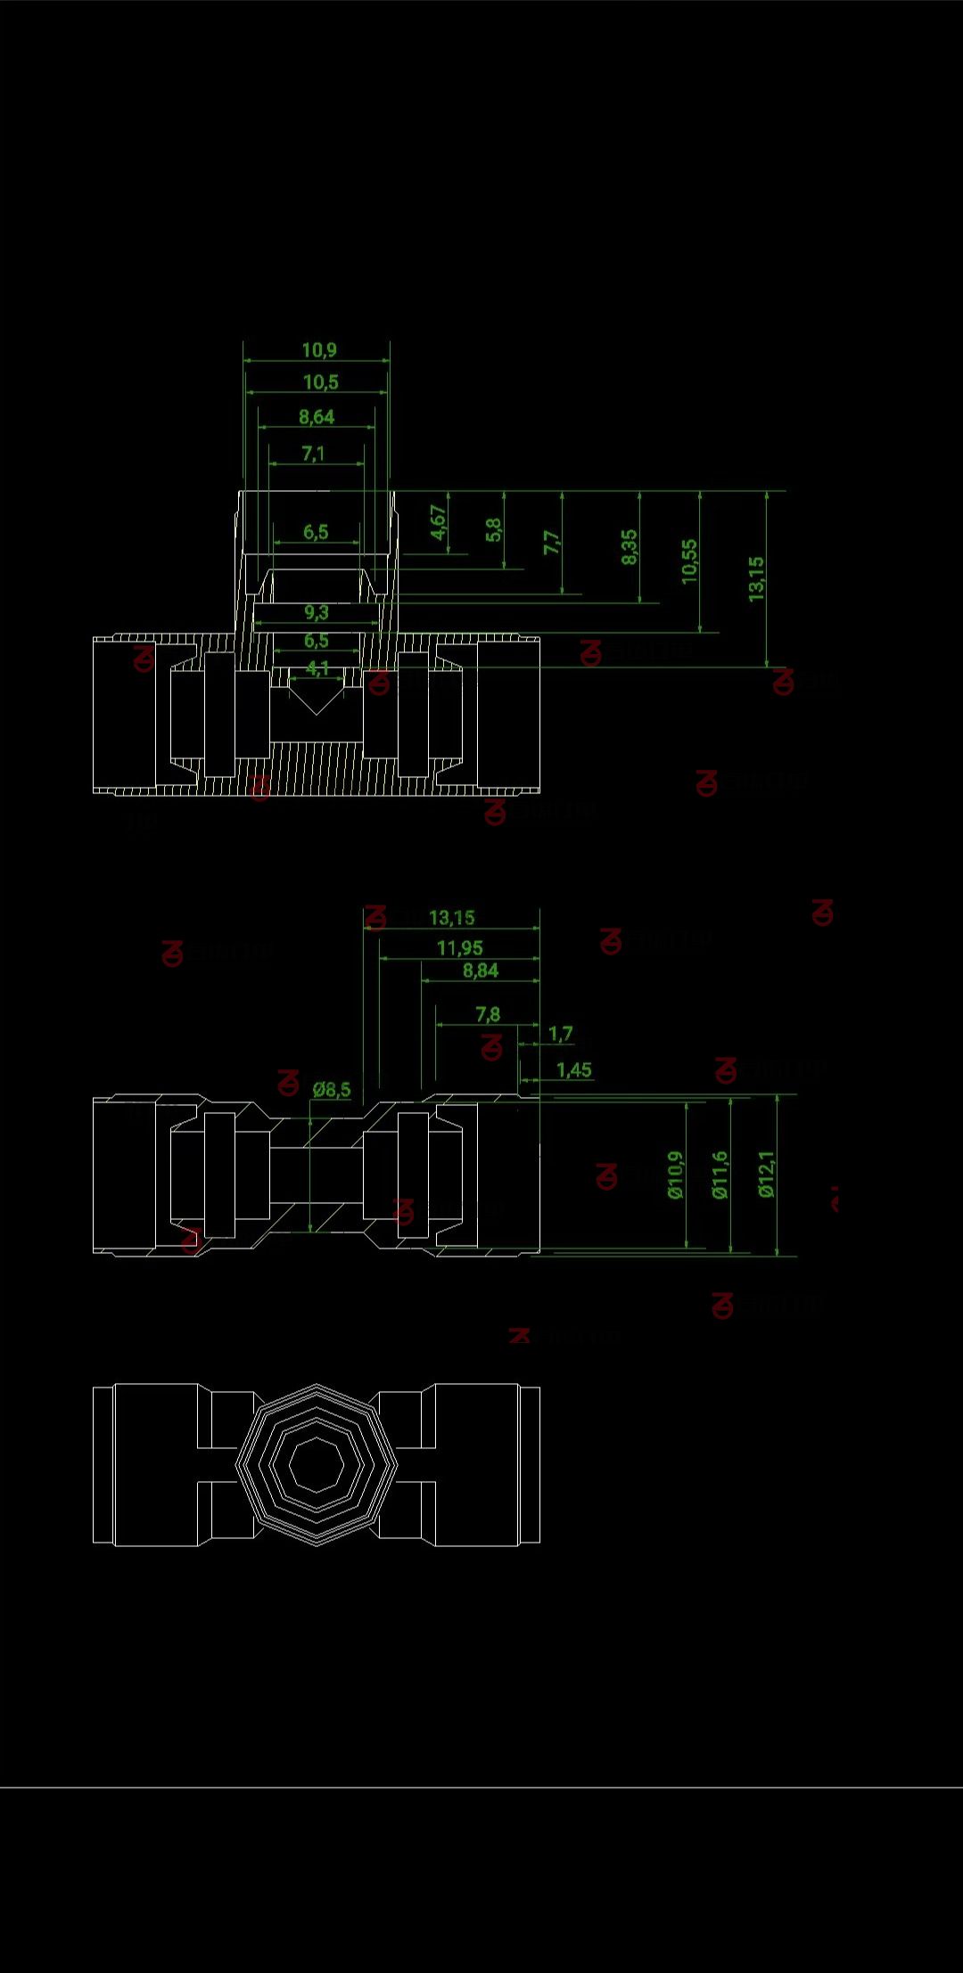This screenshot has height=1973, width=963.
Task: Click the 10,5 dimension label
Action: point(320,382)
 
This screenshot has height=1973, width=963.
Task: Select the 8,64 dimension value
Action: point(317,417)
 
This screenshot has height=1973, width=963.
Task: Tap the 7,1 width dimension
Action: point(313,454)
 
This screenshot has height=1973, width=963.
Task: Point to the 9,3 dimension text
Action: point(316,612)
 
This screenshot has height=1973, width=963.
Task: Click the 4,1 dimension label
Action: point(317,667)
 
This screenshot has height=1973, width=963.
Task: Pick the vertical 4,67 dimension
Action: point(438,522)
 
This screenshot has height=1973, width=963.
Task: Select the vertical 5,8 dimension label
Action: point(493,529)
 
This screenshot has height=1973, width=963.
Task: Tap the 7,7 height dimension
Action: point(552,542)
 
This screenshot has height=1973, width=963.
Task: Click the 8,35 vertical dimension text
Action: point(630,546)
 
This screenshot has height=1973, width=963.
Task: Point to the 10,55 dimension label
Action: point(689,561)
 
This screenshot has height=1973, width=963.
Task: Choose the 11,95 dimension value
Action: point(459,947)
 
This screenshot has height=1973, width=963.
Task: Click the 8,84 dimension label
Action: point(480,970)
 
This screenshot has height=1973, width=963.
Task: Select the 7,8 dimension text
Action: point(488,1014)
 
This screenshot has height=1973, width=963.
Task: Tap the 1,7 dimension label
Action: point(560,1034)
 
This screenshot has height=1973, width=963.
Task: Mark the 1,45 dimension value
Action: point(573,1069)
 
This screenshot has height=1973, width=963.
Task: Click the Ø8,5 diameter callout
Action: point(332,1089)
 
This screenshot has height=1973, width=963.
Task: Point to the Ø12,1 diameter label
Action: point(766,1174)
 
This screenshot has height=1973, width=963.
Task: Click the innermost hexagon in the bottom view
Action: point(317,1463)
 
